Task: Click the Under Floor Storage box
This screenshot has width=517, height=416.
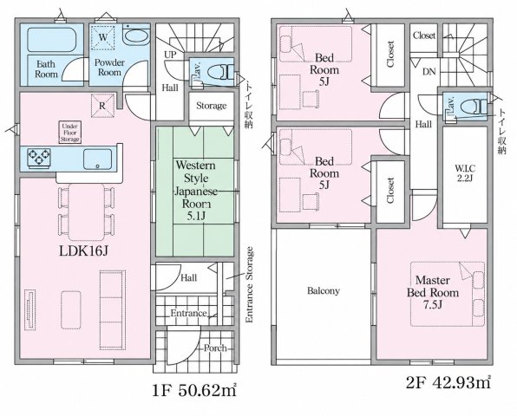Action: coord(70,133)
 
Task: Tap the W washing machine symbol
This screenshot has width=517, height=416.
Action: coord(103,37)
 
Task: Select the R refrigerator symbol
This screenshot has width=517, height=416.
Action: coord(102,106)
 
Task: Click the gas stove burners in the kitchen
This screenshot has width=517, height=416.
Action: coord(39,157)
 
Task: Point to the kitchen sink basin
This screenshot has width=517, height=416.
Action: coord(98,159)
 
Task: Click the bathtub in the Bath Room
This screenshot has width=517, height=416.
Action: coord(52,40)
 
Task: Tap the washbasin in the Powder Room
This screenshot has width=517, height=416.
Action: coord(137,36)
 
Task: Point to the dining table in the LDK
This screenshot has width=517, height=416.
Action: coord(87,211)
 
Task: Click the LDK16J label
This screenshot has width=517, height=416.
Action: coord(84,251)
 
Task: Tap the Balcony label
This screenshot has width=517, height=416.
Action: coord(324,291)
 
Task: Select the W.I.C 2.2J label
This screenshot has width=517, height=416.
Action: coord(465,173)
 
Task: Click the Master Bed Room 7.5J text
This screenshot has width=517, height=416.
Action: coord(433,292)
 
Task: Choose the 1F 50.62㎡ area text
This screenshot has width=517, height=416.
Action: coord(194,391)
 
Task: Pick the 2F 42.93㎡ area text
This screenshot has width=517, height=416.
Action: coord(448,383)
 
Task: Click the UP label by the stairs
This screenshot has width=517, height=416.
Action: coord(170,55)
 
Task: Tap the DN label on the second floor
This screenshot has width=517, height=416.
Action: coord(429,71)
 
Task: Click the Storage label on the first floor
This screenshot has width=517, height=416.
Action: coord(212,106)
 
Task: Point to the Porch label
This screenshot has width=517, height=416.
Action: coord(215,348)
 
